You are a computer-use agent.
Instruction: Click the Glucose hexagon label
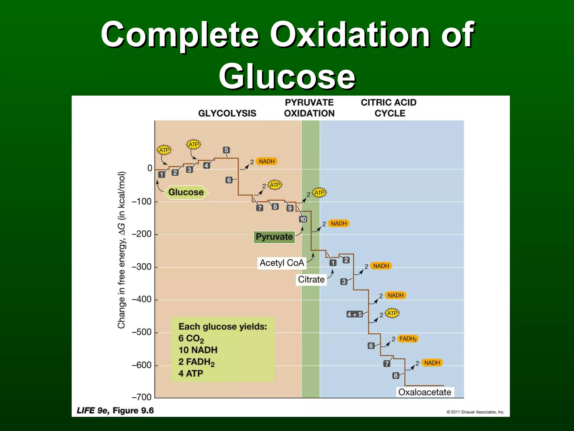coord(186,192)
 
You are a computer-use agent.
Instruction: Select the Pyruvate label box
coord(274,237)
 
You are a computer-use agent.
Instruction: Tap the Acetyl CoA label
coord(282,263)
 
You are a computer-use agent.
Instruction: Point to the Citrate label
coord(311,279)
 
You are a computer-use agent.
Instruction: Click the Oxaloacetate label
coord(425,392)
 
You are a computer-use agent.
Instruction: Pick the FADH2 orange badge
coord(408,339)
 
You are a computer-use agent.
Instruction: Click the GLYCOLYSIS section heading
coord(227,113)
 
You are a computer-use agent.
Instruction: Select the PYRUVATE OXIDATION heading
coord(309,108)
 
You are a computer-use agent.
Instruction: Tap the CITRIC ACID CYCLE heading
coord(388,108)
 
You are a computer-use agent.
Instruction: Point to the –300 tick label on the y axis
coord(142,267)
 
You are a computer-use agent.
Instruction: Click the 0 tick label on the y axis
coord(150,168)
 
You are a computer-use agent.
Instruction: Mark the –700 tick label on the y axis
coord(142,397)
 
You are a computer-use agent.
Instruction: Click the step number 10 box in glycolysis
coord(303,219)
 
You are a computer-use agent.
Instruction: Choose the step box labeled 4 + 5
coord(355,314)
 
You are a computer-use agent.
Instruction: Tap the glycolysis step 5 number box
coord(226,150)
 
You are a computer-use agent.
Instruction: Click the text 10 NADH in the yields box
coord(198,350)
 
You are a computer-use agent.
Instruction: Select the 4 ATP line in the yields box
coord(191,373)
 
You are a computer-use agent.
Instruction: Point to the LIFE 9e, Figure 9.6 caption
coord(115,411)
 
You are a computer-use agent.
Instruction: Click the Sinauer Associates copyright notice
coord(475,412)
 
